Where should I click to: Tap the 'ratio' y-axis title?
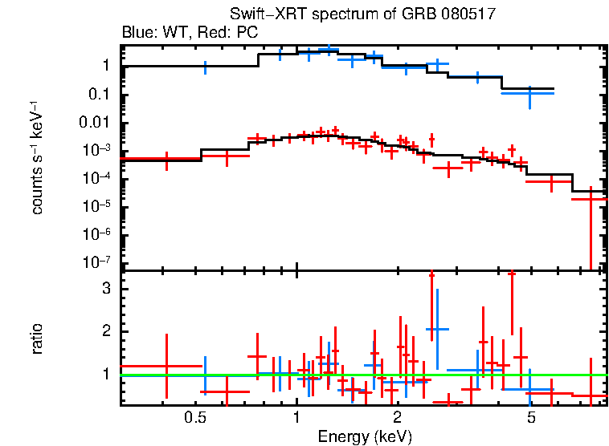(38, 339)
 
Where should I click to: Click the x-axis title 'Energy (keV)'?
(365, 436)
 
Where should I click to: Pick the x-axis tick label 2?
(397, 418)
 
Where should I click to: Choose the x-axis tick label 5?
(530, 418)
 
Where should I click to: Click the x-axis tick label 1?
(296, 418)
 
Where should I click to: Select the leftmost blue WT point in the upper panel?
(205, 67)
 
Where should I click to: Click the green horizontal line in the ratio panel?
(362, 375)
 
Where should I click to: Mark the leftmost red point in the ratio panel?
(166, 366)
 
